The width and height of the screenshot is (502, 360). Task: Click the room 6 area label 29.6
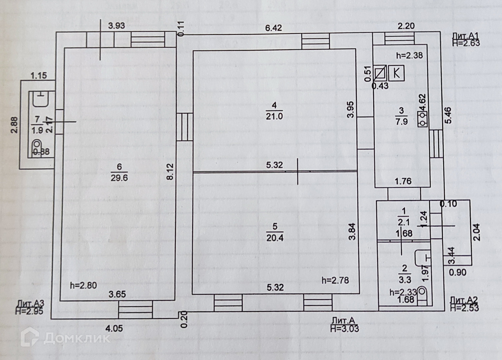coord(119,178)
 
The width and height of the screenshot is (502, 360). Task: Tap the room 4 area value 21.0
coord(274,116)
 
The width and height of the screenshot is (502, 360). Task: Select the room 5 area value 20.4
coord(275,238)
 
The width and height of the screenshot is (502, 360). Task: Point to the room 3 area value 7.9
coord(401,121)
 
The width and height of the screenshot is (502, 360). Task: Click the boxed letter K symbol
coord(396,73)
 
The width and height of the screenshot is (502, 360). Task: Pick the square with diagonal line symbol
coord(380,73)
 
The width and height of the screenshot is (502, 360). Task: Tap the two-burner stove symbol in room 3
coord(423,119)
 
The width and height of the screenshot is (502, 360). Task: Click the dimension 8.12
coord(170,172)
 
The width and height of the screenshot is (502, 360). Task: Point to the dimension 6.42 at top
coord(273,28)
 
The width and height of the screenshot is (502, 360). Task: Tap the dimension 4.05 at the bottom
coord(114,329)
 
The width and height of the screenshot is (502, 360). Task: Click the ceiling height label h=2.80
coord(84,285)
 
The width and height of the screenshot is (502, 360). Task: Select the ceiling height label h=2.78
coord(335,280)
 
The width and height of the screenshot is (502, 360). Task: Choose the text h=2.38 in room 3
coord(409,55)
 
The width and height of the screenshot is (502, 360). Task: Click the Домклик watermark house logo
coord(30,337)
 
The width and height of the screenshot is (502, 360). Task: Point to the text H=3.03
coord(344,328)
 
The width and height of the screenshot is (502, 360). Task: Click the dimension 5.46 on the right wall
coord(448,115)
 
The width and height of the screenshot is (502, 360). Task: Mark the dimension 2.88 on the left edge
coord(14,125)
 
